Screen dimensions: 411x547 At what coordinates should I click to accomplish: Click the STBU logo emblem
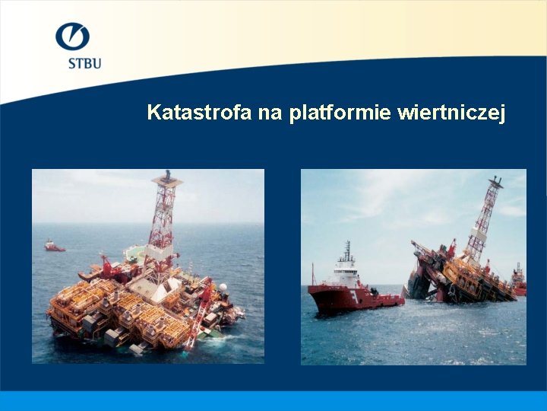(x=72, y=36)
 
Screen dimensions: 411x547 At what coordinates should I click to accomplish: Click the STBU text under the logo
(x=84, y=63)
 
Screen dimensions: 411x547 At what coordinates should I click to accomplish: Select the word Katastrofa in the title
(x=199, y=113)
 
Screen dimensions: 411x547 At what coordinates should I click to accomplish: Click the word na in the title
(x=269, y=113)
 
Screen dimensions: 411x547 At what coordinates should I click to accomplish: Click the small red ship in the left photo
(x=54, y=246)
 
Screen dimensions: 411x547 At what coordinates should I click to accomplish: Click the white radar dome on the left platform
(x=223, y=288)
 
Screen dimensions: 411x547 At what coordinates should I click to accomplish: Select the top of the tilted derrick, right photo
(x=495, y=183)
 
